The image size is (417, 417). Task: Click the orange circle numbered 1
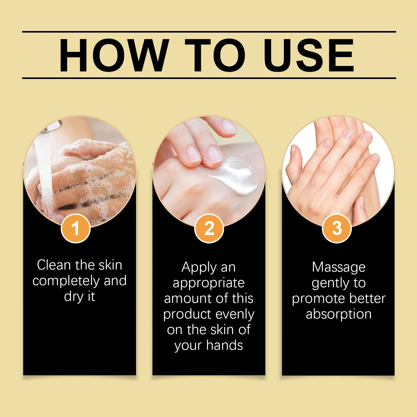click(76, 228)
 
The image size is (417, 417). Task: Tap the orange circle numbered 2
click(209, 228)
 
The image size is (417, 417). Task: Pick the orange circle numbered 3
click(337, 228)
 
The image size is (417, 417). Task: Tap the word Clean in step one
click(54, 265)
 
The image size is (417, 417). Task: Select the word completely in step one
click(66, 281)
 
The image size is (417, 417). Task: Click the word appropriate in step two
click(208, 283)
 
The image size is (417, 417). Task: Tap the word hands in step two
click(224, 345)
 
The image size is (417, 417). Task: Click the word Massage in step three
click(339, 267)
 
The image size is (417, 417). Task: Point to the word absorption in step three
click(339, 314)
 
